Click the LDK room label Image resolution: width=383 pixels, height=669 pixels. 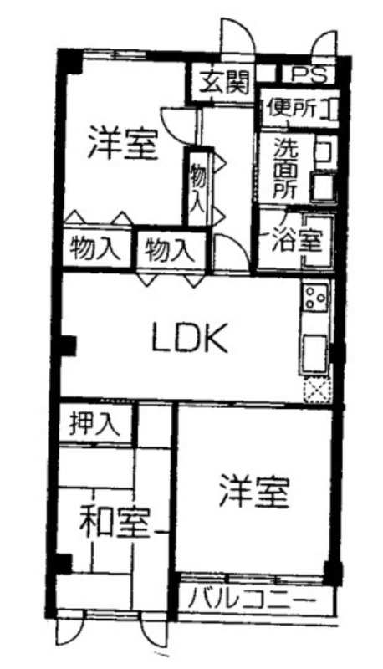pos(190,337)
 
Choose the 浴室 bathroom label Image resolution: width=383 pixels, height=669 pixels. pos(296,241)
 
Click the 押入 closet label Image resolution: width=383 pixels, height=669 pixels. pos(94,423)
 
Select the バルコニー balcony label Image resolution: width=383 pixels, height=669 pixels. pos(253,600)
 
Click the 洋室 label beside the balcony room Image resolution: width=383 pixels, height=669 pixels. pos(254,492)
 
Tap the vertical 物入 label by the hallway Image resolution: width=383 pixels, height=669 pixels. pos(197,186)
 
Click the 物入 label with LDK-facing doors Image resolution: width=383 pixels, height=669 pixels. pos(169,249)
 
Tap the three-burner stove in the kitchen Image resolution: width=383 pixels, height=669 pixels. pos(315,296)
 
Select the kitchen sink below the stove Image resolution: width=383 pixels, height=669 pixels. pos(314,353)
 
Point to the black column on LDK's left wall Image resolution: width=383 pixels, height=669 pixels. pos(69,345)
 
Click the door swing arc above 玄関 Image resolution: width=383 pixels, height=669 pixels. pos(237,36)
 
